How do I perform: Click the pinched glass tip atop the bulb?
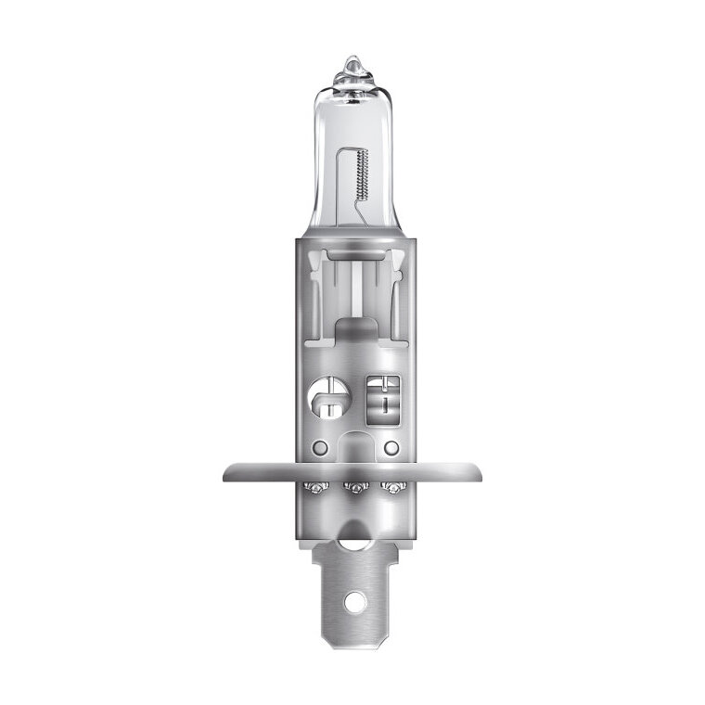pos(353,67)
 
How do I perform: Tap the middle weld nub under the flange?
pos(352,486)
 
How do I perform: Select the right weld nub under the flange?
pos(391,486)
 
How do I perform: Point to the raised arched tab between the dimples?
pos(353,446)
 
